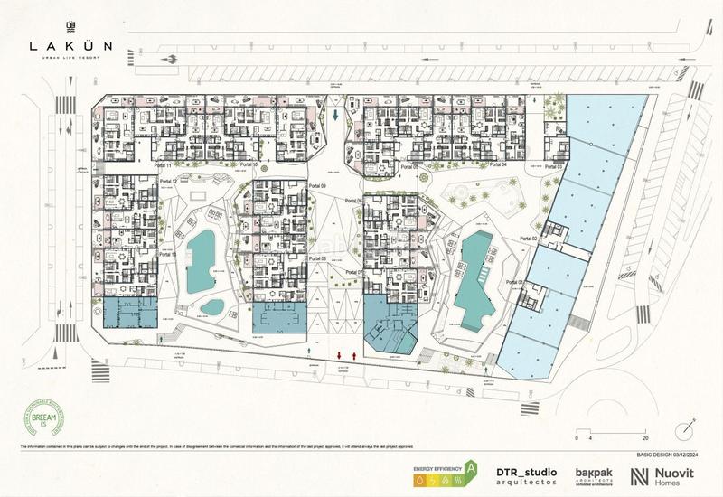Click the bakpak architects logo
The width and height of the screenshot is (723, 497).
(596, 476)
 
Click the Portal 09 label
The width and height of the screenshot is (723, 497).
(316, 185)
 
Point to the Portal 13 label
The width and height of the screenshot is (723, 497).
(166, 255)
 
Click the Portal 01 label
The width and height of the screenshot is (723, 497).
(515, 283)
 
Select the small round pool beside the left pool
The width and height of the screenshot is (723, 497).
(212, 306)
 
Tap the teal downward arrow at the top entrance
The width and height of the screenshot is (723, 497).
(335, 115)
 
